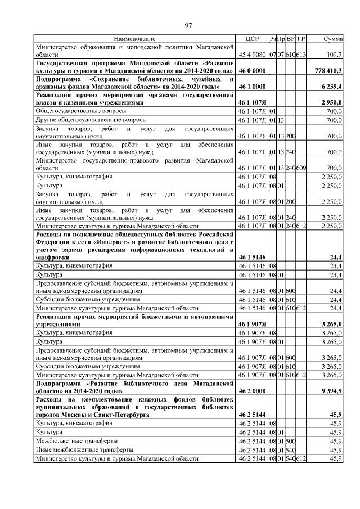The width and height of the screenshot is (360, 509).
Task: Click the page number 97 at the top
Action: coord(188,25)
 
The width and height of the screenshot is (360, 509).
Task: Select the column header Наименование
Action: coord(134,39)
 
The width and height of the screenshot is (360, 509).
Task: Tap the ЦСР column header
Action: coord(251,39)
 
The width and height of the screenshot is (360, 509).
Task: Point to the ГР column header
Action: coord(301,39)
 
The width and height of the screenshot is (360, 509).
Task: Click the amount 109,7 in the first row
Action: coord(334,55)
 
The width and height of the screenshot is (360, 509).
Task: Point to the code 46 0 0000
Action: coord(251,71)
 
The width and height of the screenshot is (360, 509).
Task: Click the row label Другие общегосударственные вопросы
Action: coord(92,120)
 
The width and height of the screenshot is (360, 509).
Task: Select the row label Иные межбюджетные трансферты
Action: coord(85,450)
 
